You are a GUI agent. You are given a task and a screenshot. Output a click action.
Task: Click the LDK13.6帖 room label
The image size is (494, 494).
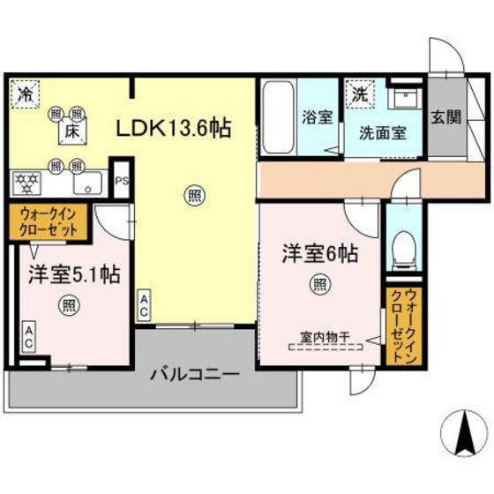tap(175, 129)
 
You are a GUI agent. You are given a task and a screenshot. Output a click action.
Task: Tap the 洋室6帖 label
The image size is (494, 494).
tap(320, 254)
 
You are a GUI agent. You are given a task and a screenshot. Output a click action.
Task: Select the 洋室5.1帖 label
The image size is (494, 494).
tap(60, 273)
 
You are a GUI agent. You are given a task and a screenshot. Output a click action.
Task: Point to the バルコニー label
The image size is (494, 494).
tap(194, 373)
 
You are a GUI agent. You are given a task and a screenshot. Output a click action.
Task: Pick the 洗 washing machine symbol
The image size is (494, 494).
tap(360, 92)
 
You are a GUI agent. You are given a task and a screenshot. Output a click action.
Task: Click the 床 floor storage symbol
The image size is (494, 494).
tap(70, 131)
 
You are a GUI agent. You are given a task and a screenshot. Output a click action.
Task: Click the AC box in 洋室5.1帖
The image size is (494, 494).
tap(29, 334)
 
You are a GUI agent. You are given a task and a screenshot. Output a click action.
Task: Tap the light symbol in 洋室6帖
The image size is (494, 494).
tap(320, 284)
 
